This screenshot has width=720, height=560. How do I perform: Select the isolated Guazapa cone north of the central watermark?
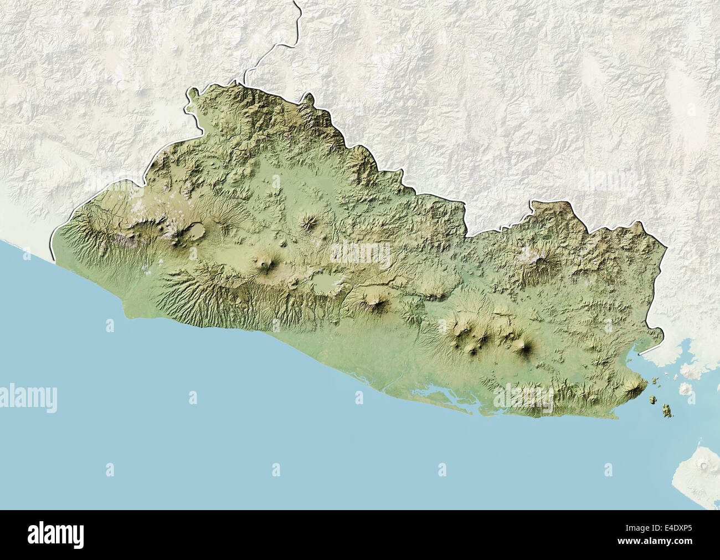(x=306, y=223)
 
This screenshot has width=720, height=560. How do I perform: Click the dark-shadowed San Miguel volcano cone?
(x=523, y=347)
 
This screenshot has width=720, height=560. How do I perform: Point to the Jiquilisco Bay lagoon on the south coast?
(x=443, y=396)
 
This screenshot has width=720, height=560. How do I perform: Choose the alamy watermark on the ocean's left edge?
(x=28, y=398)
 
